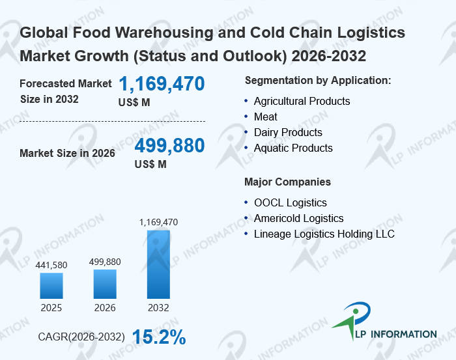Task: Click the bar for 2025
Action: pyautogui.click(x=51, y=285)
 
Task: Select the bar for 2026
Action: pyautogui.click(x=105, y=284)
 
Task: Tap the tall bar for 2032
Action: pyautogui.click(x=158, y=264)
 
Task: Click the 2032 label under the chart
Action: pyautogui.click(x=158, y=307)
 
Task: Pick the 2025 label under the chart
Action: pyautogui.click(x=51, y=307)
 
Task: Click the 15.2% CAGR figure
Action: pyautogui.click(x=159, y=337)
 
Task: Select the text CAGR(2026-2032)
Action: pyautogui.click(x=81, y=337)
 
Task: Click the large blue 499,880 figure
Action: pyautogui.click(x=170, y=146)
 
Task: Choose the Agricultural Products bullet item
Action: pyautogui.click(x=302, y=101)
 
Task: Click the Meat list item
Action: pyautogui.click(x=266, y=117)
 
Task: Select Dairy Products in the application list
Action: pyautogui.click(x=288, y=132)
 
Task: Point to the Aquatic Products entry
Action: pyautogui.click(x=293, y=148)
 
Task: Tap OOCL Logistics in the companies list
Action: pyautogui.click(x=291, y=202)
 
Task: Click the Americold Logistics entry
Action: pyautogui.click(x=298, y=218)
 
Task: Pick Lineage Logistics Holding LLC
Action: pyautogui.click(x=324, y=234)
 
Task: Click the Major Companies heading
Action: pyautogui.click(x=287, y=182)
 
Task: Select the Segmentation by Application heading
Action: pyautogui.click(x=318, y=80)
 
